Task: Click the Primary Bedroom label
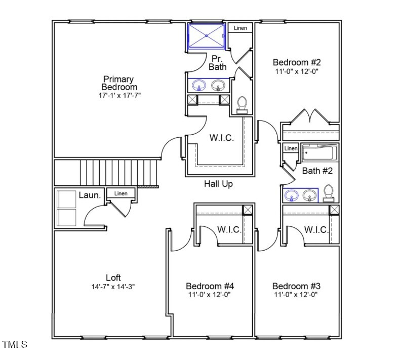(x=118, y=83)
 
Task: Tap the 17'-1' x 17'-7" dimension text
(x=119, y=95)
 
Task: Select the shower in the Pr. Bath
(x=207, y=35)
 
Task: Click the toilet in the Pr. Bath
(x=242, y=104)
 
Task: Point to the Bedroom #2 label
(x=297, y=62)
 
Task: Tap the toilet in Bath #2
(x=329, y=193)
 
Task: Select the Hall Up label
(x=218, y=184)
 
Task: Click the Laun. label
(x=90, y=194)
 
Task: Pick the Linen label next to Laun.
(x=120, y=193)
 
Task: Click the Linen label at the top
(x=240, y=28)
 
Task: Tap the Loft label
(x=113, y=277)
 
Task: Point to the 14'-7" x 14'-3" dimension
(x=113, y=286)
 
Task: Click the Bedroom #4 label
(x=210, y=286)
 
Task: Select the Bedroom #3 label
(x=296, y=286)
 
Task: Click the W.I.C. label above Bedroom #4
(x=229, y=229)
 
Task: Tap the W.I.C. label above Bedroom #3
(x=316, y=229)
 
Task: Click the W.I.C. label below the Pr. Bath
(x=222, y=138)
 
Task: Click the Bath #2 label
(x=317, y=171)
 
